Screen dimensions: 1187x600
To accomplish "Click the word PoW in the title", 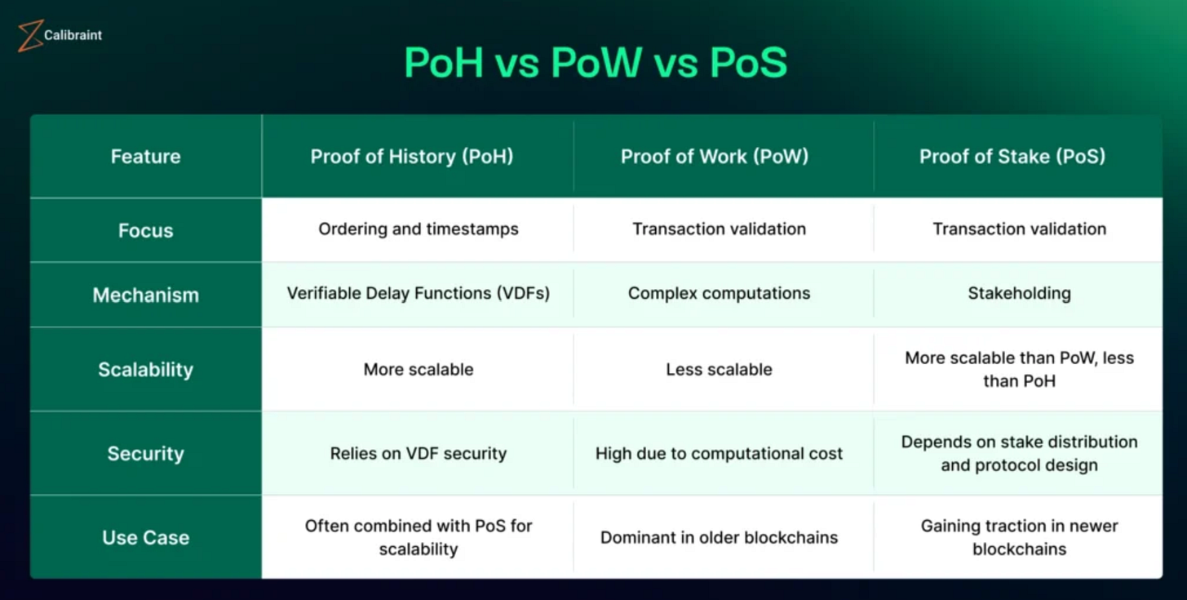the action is (x=596, y=63).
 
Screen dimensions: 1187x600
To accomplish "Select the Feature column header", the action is (x=146, y=157).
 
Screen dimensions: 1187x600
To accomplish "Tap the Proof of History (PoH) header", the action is (x=412, y=157).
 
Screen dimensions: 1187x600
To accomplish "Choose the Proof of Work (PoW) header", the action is (x=715, y=157).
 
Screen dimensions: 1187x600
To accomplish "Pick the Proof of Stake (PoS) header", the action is (x=1012, y=157).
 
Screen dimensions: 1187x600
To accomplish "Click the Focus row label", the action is (x=146, y=230).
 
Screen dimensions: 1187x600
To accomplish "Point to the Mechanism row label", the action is (x=146, y=295).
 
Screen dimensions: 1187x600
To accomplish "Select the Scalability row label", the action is (x=146, y=370).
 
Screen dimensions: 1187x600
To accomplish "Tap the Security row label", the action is (x=146, y=454).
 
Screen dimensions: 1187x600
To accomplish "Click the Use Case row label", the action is (x=146, y=537).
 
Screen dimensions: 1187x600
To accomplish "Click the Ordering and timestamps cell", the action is (x=418, y=229).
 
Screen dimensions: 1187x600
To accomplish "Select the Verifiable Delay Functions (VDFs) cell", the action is (x=418, y=293).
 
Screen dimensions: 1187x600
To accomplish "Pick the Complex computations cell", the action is (x=719, y=293).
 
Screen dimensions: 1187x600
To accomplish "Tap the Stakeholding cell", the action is (x=1019, y=293).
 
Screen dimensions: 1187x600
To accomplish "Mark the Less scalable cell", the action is (x=719, y=370).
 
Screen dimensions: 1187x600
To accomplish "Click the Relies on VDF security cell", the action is (x=418, y=454).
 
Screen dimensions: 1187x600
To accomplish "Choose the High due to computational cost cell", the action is (x=719, y=454).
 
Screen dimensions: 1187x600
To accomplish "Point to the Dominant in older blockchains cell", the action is (x=719, y=537).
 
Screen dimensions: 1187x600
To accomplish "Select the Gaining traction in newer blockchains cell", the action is (x=1019, y=537).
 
